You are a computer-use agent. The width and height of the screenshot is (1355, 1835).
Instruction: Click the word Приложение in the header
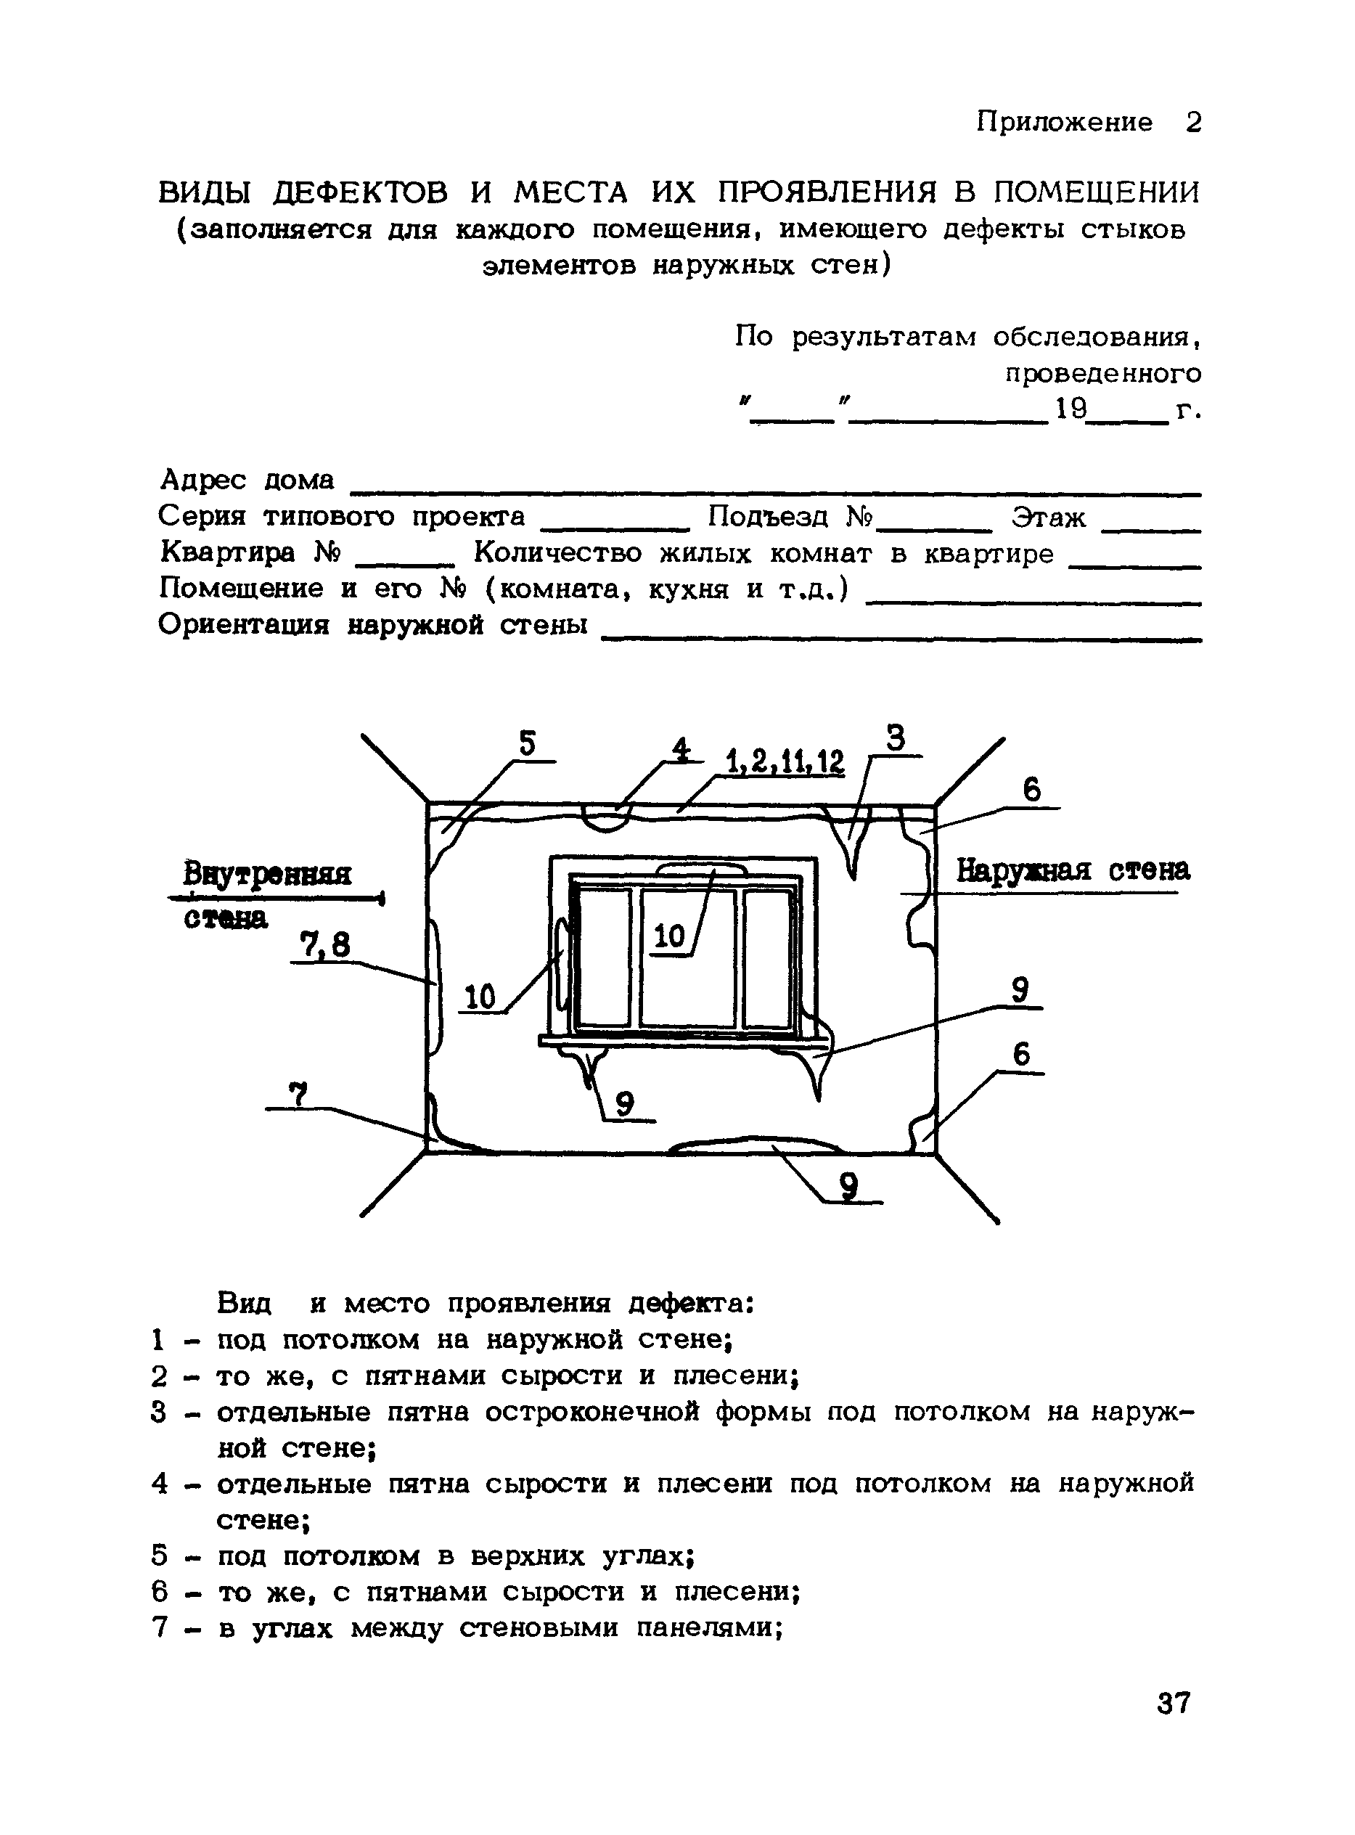point(1064,122)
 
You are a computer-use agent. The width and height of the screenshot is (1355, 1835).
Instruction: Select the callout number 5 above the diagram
point(528,743)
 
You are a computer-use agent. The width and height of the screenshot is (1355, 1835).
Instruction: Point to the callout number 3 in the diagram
point(896,738)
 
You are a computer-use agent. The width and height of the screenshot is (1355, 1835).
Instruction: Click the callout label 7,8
point(325,946)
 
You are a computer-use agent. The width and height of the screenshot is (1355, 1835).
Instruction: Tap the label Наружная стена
point(1073,870)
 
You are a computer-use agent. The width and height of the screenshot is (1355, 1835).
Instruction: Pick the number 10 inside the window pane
point(670,936)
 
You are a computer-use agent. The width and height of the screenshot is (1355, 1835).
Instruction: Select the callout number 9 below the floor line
point(849,1185)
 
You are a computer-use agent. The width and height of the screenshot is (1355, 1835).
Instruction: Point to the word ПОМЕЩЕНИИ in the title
point(1097,193)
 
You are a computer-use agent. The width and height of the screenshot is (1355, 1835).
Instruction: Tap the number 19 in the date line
point(1071,409)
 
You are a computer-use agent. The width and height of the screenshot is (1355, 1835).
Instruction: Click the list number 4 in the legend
point(160,1484)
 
